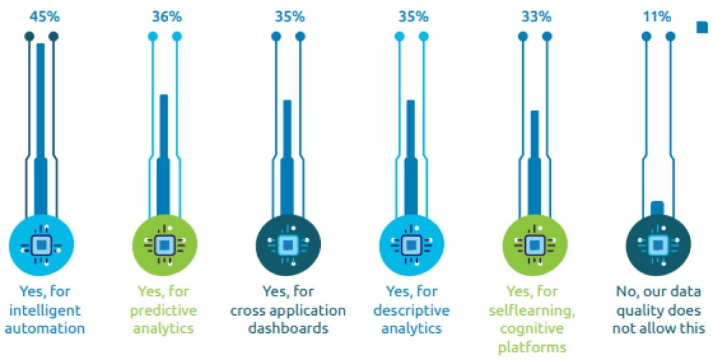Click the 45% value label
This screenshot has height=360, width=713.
coord(41,17)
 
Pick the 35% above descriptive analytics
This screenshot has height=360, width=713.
coord(411,17)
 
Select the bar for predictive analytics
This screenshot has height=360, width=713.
coord(164,154)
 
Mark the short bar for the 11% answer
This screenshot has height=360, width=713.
coord(657,208)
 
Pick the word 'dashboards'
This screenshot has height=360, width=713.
coord(288,329)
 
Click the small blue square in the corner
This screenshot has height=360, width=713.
coord(702,26)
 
